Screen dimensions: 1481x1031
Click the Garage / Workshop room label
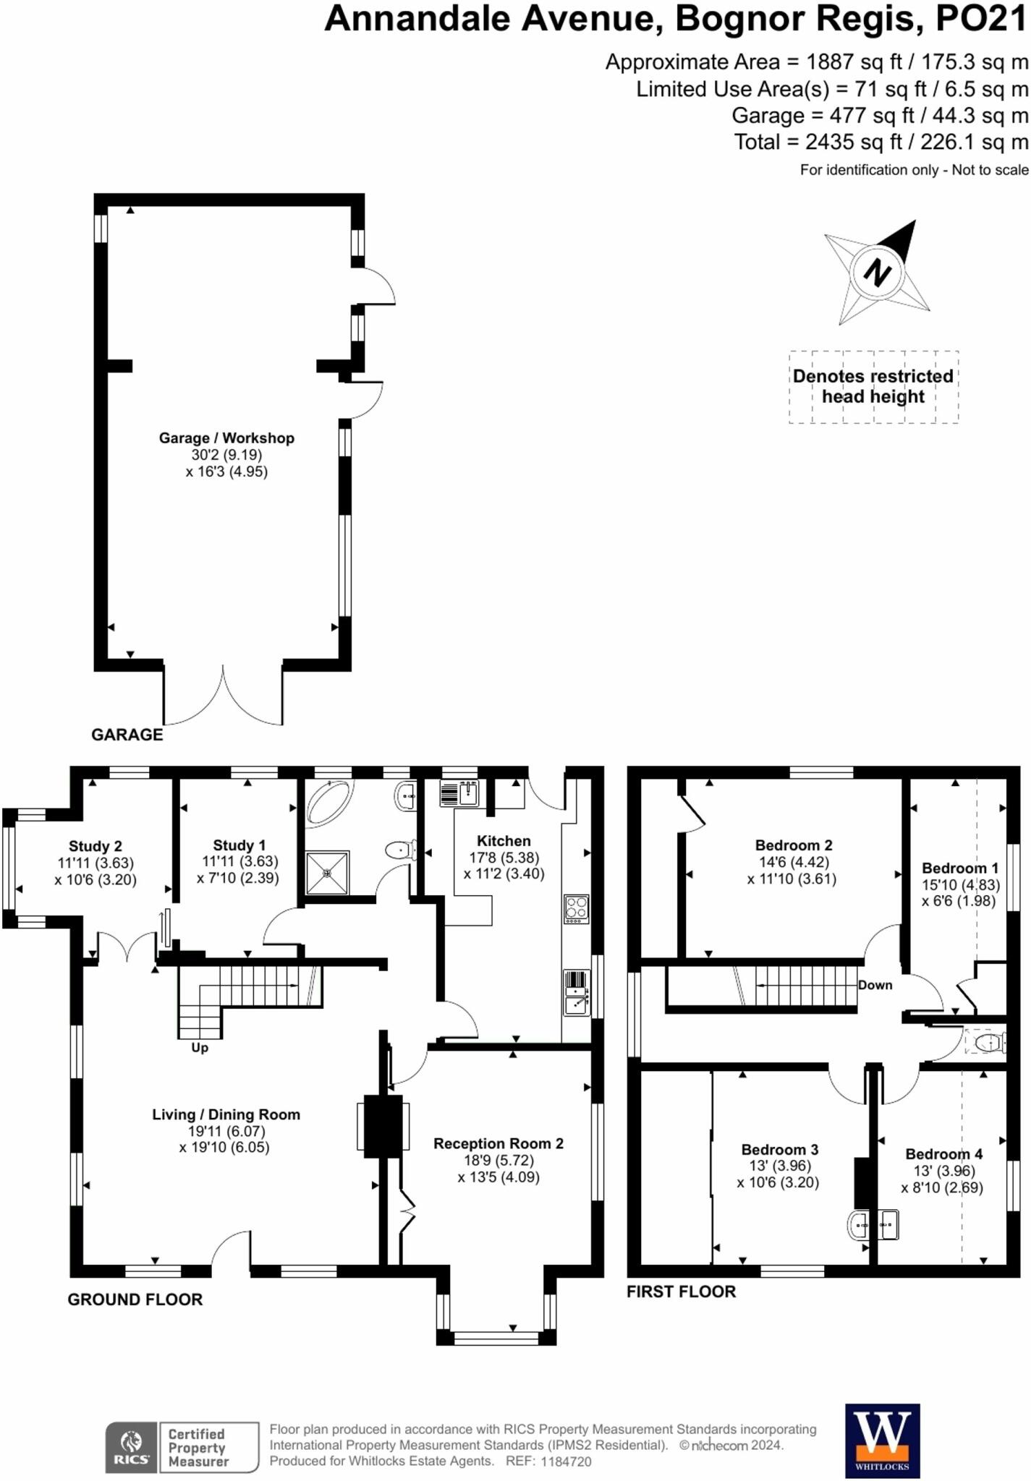(226, 438)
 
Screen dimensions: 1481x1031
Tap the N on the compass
(877, 273)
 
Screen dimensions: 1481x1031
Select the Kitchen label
(504, 841)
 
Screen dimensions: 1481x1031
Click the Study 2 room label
(96, 846)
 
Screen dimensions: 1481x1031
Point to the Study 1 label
(239, 845)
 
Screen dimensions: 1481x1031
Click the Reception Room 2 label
(498, 1143)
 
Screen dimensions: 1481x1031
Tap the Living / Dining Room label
(226, 1114)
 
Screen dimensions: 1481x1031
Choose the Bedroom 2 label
(793, 845)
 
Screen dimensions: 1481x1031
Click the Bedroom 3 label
(779, 1150)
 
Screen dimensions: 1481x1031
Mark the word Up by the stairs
(200, 1048)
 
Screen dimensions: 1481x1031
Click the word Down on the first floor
(875, 985)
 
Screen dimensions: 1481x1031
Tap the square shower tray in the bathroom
(327, 872)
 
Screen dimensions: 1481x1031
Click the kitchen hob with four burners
(577, 909)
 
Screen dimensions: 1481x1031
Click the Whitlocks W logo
(882, 1439)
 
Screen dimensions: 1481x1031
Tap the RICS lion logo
(131, 1446)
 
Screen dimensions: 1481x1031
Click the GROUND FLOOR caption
(135, 1299)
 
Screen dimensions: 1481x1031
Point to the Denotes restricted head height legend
(873, 386)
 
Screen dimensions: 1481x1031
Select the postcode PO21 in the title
(981, 20)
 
